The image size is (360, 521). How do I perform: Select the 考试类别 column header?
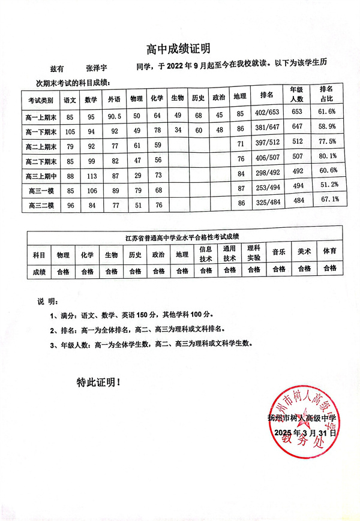pyautogui.click(x=40, y=100)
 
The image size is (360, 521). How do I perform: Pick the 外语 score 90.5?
pyautogui.click(x=113, y=116)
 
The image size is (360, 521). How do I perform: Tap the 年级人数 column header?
pyautogui.click(x=297, y=94)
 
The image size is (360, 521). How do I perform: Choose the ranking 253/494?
pyautogui.click(x=267, y=189)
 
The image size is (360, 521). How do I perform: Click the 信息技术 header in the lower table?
pyautogui.click(x=206, y=254)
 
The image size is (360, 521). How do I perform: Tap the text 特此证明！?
pyautogui.click(x=98, y=381)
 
